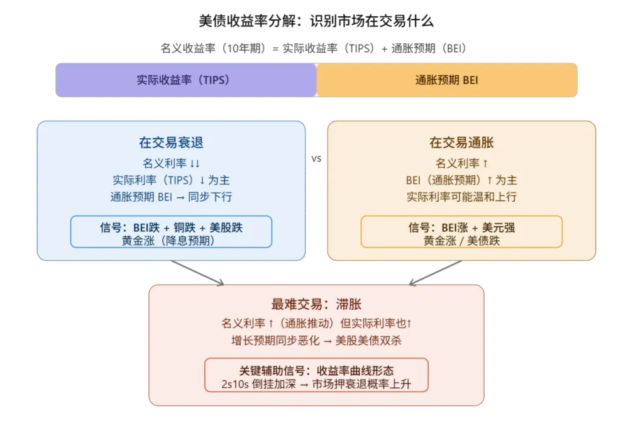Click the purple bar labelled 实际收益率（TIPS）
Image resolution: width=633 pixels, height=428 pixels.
pos(185,80)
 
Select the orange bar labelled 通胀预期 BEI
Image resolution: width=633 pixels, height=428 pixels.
pos(447,80)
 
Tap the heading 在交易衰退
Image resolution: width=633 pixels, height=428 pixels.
pos(171,143)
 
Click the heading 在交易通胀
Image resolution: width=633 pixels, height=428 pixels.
pos(461,143)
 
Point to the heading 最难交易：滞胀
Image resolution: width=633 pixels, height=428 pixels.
pos(316,304)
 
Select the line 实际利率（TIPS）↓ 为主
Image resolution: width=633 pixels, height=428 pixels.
pos(171,180)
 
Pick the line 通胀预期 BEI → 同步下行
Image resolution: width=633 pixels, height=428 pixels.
pos(171,197)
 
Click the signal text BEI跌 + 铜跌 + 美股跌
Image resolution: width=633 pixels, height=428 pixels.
pos(171,227)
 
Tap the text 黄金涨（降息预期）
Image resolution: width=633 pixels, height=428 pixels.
pos(171,239)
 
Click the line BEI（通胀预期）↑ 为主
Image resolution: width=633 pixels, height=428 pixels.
pos(461,180)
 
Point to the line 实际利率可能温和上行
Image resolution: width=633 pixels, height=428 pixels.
pos(461,197)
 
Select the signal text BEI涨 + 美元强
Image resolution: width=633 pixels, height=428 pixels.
pos(461,227)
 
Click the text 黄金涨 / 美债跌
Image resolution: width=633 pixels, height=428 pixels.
pos(461,239)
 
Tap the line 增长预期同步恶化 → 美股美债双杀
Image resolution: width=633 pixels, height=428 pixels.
pos(316,341)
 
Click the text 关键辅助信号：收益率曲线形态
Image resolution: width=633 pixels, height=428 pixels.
pos(316,370)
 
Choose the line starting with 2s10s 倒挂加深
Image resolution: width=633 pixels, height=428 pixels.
pos(316,383)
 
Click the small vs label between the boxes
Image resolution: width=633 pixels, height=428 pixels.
pos(316,160)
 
